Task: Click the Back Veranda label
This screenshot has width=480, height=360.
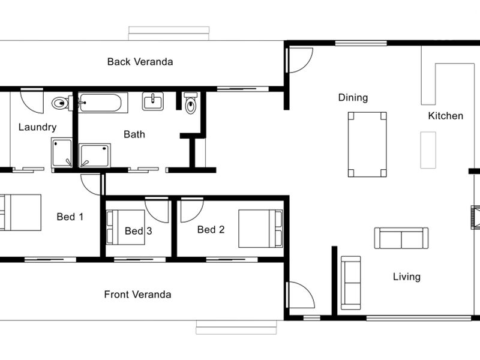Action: (x=140, y=62)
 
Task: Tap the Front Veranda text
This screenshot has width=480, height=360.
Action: (x=137, y=295)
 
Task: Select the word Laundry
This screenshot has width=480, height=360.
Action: (x=37, y=127)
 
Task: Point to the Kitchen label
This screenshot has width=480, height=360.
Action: (x=445, y=116)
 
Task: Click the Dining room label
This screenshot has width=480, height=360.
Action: (x=353, y=98)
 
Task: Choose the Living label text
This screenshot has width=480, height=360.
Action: (x=407, y=277)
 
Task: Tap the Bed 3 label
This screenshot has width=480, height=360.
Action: (x=139, y=231)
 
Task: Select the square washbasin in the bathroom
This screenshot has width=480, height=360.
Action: (x=153, y=101)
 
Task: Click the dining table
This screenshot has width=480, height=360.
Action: (x=367, y=145)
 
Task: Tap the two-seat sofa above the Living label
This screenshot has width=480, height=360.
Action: (x=401, y=238)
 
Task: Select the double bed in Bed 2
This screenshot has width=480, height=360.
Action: (x=260, y=229)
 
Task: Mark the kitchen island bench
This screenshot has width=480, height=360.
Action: (x=428, y=150)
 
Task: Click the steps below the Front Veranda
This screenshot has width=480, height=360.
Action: (x=236, y=327)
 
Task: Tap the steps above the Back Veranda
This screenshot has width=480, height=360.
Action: (x=169, y=34)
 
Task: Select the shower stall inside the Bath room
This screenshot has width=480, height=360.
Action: (x=95, y=155)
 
